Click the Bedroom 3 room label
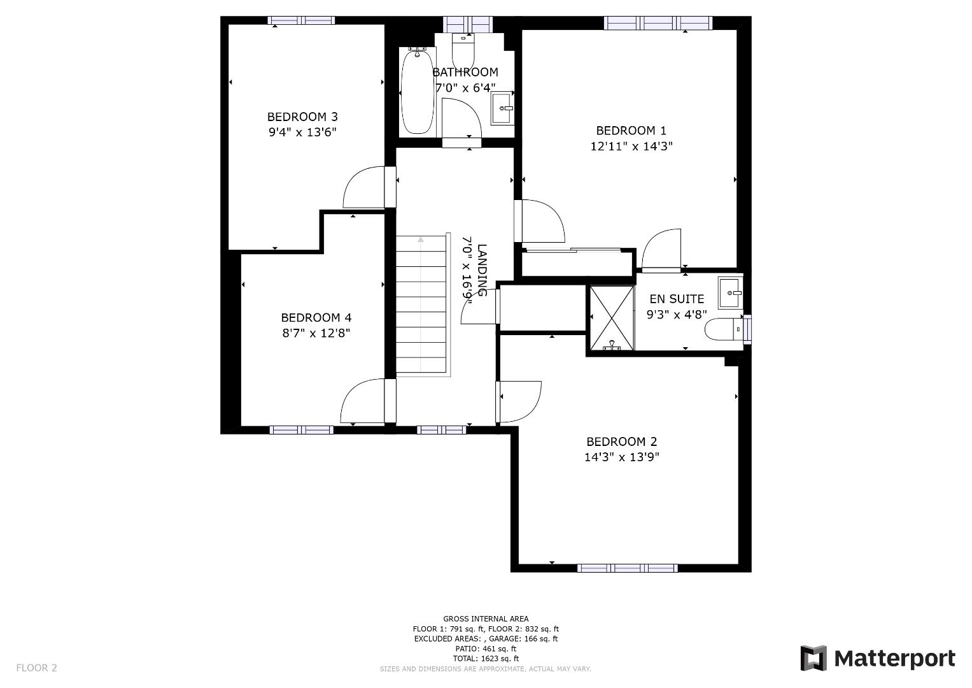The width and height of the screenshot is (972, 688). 302,117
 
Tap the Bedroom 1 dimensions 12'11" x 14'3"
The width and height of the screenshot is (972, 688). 631,147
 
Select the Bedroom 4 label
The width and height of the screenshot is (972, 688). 316,317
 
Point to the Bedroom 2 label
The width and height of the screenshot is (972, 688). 622,441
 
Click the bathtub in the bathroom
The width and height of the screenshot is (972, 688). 418,92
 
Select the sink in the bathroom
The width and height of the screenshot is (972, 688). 502,108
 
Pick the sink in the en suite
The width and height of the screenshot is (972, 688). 730,293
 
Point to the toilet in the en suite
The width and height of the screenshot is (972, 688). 724,329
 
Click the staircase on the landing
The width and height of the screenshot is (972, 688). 421,304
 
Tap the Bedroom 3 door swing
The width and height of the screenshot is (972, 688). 363,187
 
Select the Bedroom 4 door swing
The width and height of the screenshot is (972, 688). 362,401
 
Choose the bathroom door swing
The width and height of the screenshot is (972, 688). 461,118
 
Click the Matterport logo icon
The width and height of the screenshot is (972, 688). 813,658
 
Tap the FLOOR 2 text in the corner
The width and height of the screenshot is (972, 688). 37,668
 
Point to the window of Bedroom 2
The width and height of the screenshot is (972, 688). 628,568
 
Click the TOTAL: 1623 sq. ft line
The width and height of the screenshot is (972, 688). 486,659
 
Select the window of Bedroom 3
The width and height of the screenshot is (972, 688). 301,20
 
